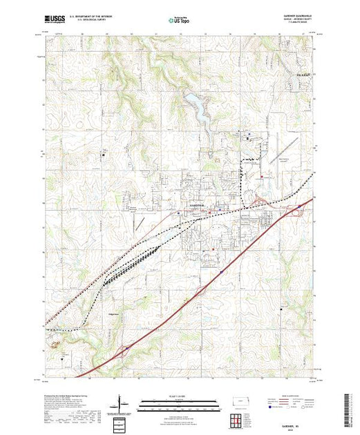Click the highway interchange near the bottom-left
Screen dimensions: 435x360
click(x=124, y=351)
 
